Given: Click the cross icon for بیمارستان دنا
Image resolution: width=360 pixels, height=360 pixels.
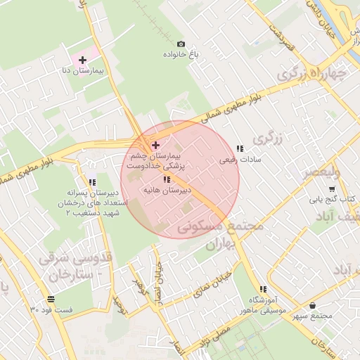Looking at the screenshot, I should [83, 60].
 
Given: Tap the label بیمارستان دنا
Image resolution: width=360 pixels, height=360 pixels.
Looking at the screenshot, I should [89, 72].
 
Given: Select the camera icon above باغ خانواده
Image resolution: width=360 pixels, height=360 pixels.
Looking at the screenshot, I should [181, 44].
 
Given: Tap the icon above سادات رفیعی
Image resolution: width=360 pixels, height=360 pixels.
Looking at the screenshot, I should [240, 148].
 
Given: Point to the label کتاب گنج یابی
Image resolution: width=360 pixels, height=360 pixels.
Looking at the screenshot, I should [337, 199].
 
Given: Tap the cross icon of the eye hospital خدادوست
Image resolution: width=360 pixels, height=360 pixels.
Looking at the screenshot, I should [155, 144].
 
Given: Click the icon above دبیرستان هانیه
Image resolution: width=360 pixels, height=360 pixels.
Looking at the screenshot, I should [167, 179].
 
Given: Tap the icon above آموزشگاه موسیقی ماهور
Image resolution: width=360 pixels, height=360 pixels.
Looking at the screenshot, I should [263, 289].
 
